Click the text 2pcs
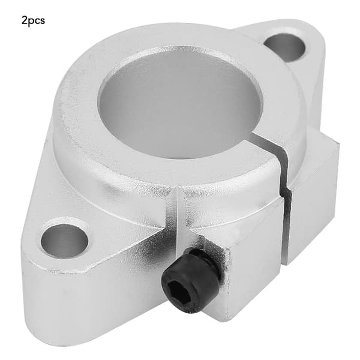click(x=33, y=21)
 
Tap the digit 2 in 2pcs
click(x=24, y=20)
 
